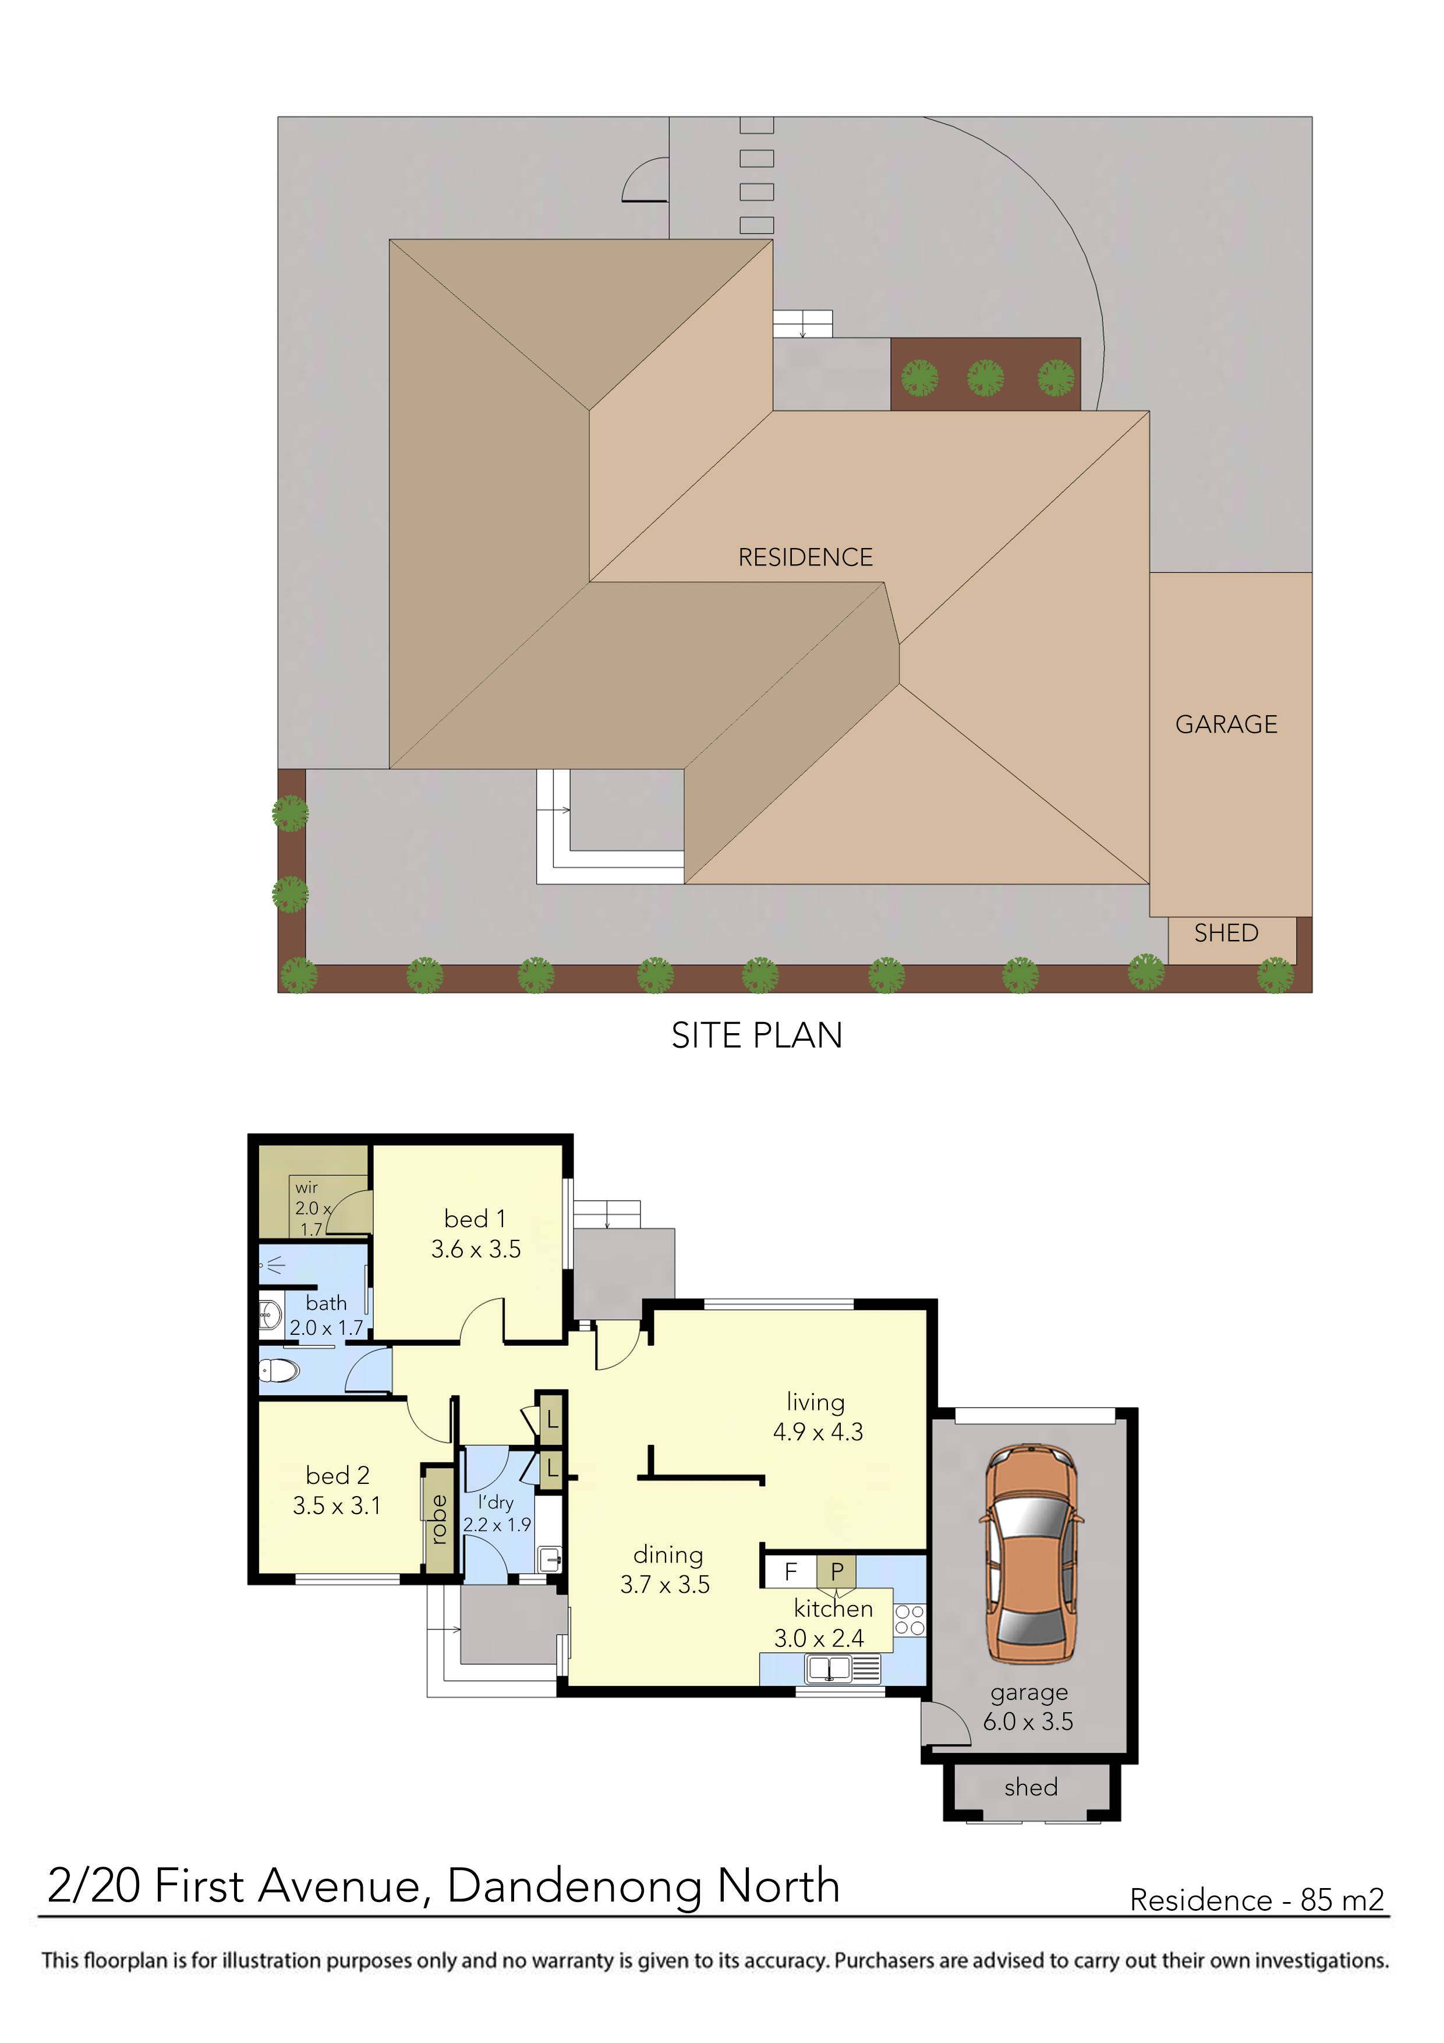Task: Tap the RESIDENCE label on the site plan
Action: pyautogui.click(x=805, y=558)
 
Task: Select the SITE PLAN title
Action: pyautogui.click(x=756, y=1035)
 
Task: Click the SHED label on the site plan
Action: pyautogui.click(x=1226, y=934)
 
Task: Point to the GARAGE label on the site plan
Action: pyautogui.click(x=1226, y=724)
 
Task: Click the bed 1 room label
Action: pyautogui.click(x=475, y=1219)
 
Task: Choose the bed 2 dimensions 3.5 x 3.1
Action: pyautogui.click(x=337, y=1505)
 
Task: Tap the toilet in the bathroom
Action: pyautogui.click(x=278, y=1370)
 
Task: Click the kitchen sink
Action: pyautogui.click(x=829, y=1669)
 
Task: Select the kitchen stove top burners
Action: pyautogui.click(x=909, y=1620)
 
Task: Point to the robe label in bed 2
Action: pyautogui.click(x=438, y=1520)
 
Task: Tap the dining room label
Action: pyautogui.click(x=668, y=1554)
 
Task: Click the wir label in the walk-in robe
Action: pyautogui.click(x=306, y=1187)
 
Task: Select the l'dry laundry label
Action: pyautogui.click(x=496, y=1502)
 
